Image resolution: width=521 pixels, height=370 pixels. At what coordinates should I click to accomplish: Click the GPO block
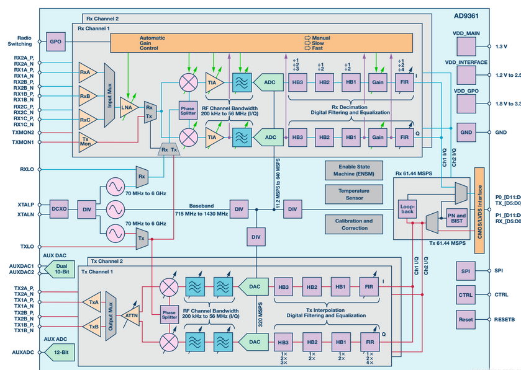56,42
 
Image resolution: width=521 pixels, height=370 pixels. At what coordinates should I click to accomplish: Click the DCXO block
59,209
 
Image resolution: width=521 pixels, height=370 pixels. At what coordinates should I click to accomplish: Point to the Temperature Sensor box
354,194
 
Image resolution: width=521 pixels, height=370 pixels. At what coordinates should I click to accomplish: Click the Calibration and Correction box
354,224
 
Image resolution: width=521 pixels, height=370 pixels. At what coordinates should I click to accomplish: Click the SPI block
466,271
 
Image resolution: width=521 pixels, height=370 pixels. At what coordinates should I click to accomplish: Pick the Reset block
466,320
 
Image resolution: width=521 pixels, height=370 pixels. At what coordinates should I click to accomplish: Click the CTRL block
466,295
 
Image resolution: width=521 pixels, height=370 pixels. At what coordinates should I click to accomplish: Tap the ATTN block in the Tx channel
132,314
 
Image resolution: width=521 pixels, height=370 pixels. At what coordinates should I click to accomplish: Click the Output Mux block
111,314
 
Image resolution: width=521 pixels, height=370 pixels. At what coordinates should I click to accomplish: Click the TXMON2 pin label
23,133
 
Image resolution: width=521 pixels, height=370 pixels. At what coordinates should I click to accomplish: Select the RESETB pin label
504,320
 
